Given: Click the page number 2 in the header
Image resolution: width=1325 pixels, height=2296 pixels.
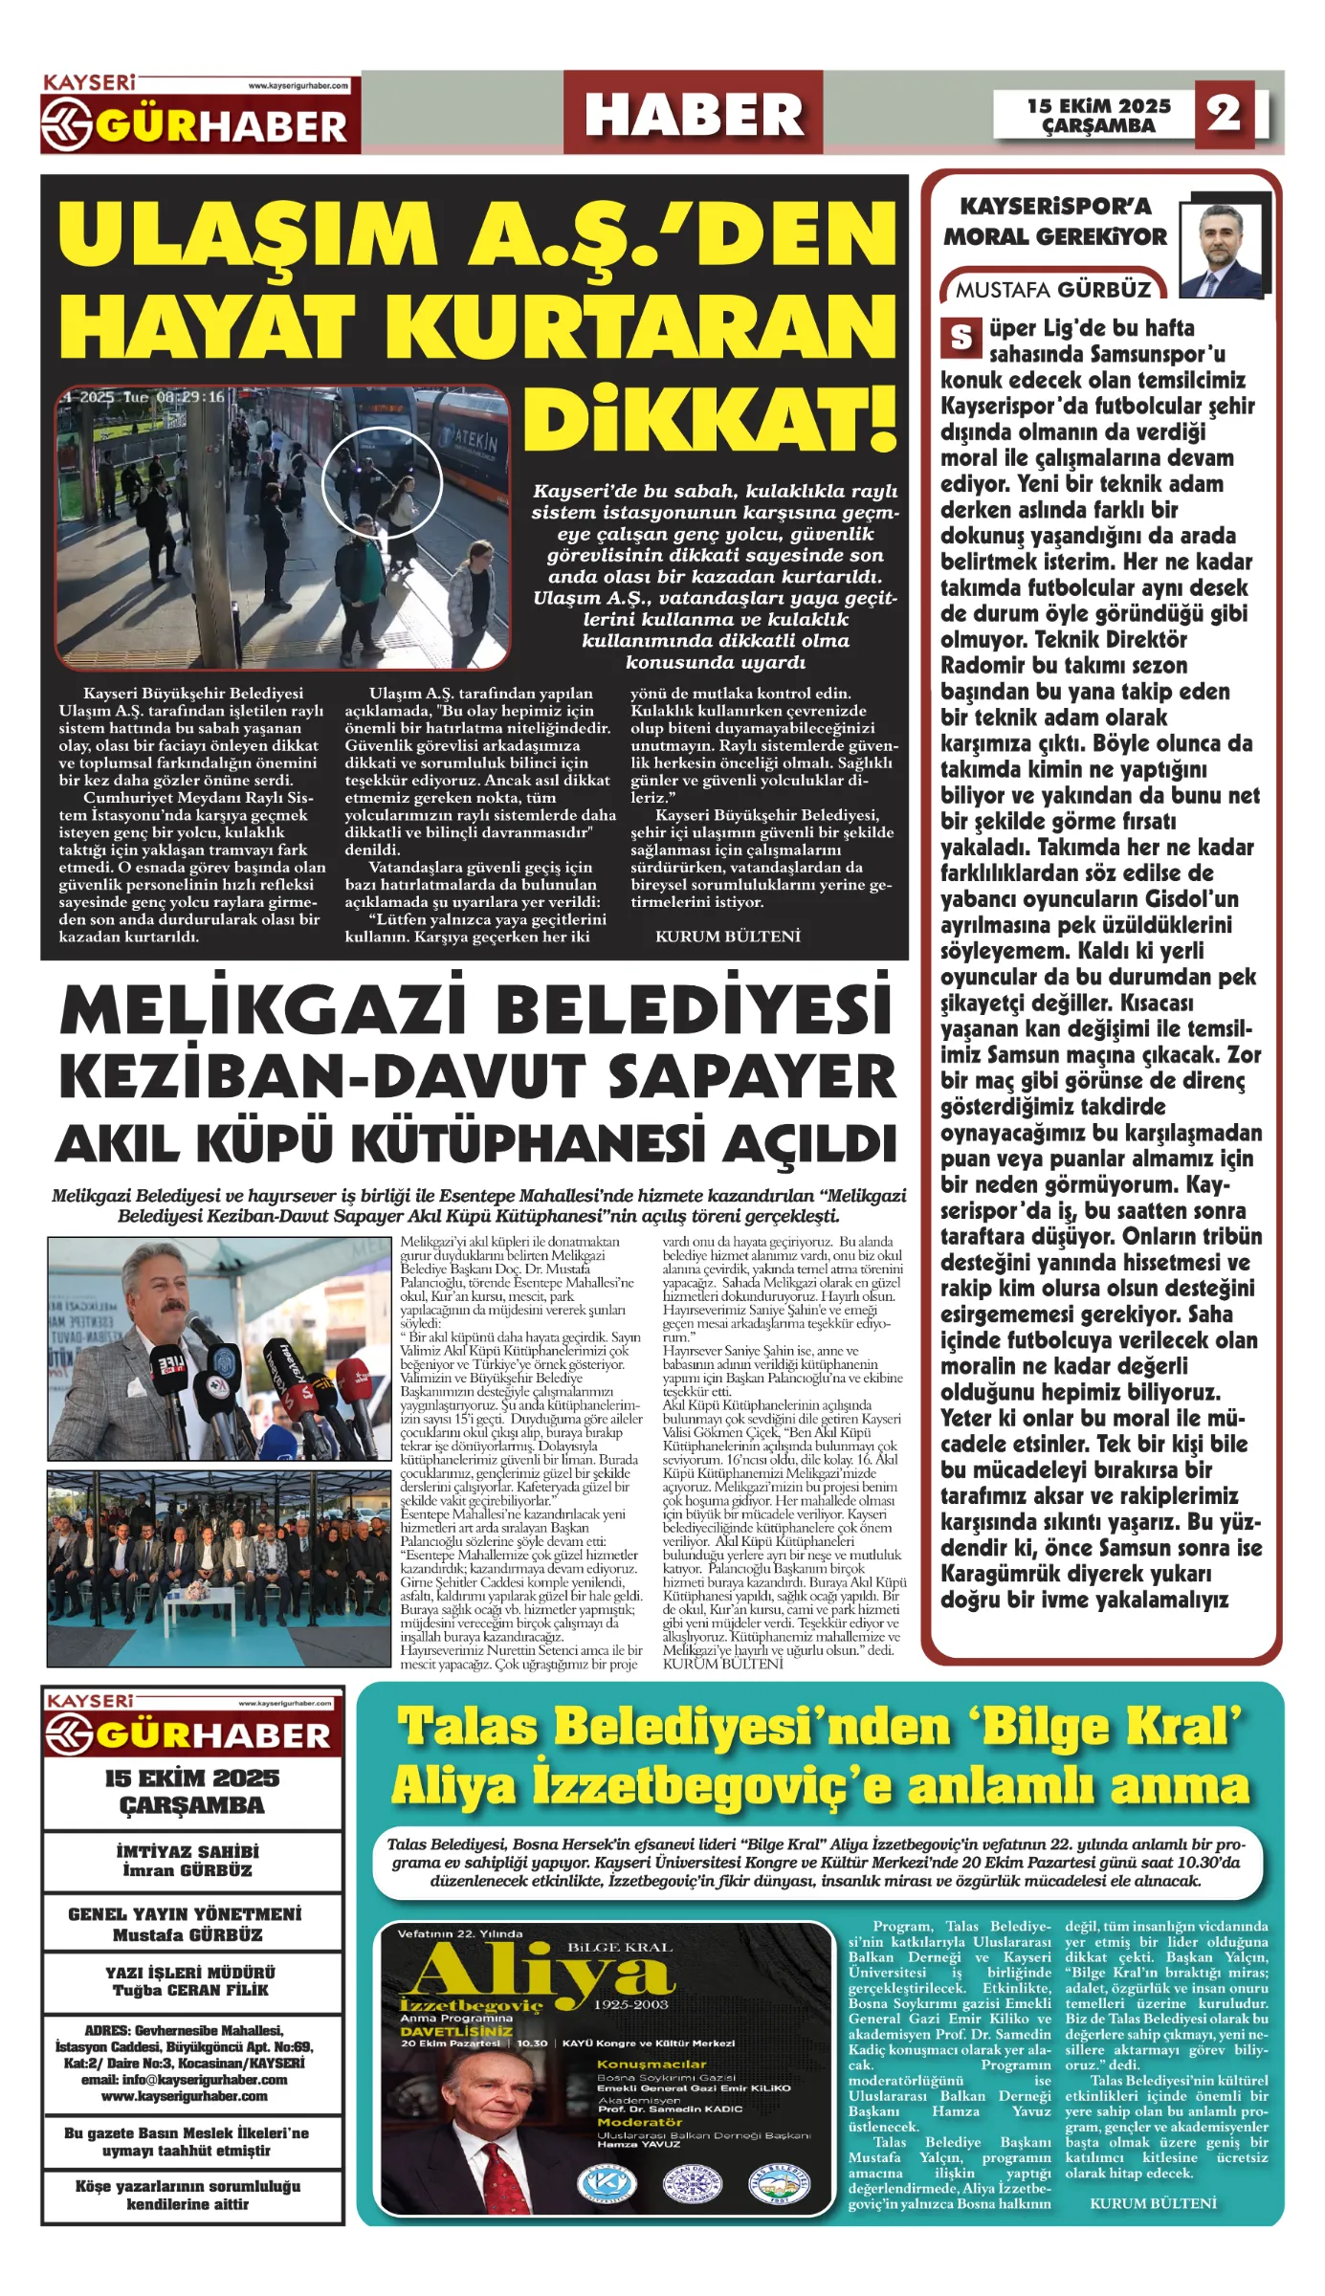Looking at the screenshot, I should [1224, 114].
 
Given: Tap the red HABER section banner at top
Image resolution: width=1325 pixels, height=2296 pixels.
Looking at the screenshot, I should [693, 114].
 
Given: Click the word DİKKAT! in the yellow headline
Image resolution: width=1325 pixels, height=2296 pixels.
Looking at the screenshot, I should [710, 418].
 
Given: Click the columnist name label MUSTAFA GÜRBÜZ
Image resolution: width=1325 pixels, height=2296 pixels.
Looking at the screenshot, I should [1053, 289].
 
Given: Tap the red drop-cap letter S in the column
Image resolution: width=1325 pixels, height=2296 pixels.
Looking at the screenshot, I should [961, 337].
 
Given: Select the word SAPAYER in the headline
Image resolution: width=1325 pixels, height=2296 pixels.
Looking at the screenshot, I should [752, 1076].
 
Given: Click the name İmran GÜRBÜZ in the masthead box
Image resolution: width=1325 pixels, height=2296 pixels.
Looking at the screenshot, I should [188, 1870].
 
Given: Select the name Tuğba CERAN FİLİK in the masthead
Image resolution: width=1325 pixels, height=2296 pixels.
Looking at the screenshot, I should [191, 1991].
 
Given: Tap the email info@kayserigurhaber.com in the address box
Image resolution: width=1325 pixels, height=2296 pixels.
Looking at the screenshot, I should [184, 2081].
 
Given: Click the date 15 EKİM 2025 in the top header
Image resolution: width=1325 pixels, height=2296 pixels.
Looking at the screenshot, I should [1098, 105].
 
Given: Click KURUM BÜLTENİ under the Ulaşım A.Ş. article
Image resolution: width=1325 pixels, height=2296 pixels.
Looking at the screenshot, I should [728, 937].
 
